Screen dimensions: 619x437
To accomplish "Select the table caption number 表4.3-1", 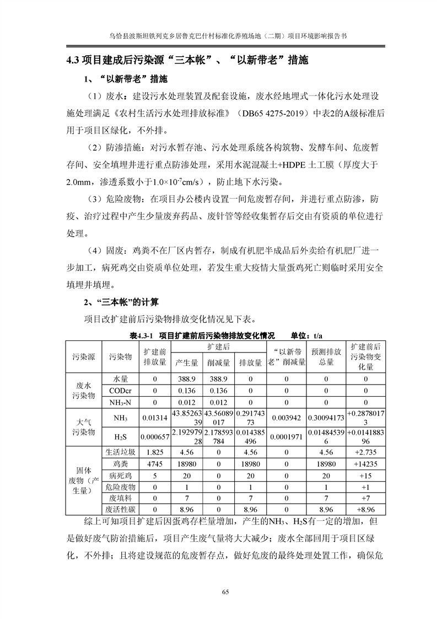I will click(141, 335).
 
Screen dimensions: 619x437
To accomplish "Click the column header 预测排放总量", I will click(326, 356).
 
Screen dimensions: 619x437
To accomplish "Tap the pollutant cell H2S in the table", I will click(120, 436).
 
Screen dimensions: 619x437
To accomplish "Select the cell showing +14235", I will click(365, 464).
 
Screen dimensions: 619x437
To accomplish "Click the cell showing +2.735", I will click(365, 452).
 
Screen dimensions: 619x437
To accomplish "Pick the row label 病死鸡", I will click(120, 476).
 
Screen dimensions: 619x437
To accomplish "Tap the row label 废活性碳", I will click(120, 510).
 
